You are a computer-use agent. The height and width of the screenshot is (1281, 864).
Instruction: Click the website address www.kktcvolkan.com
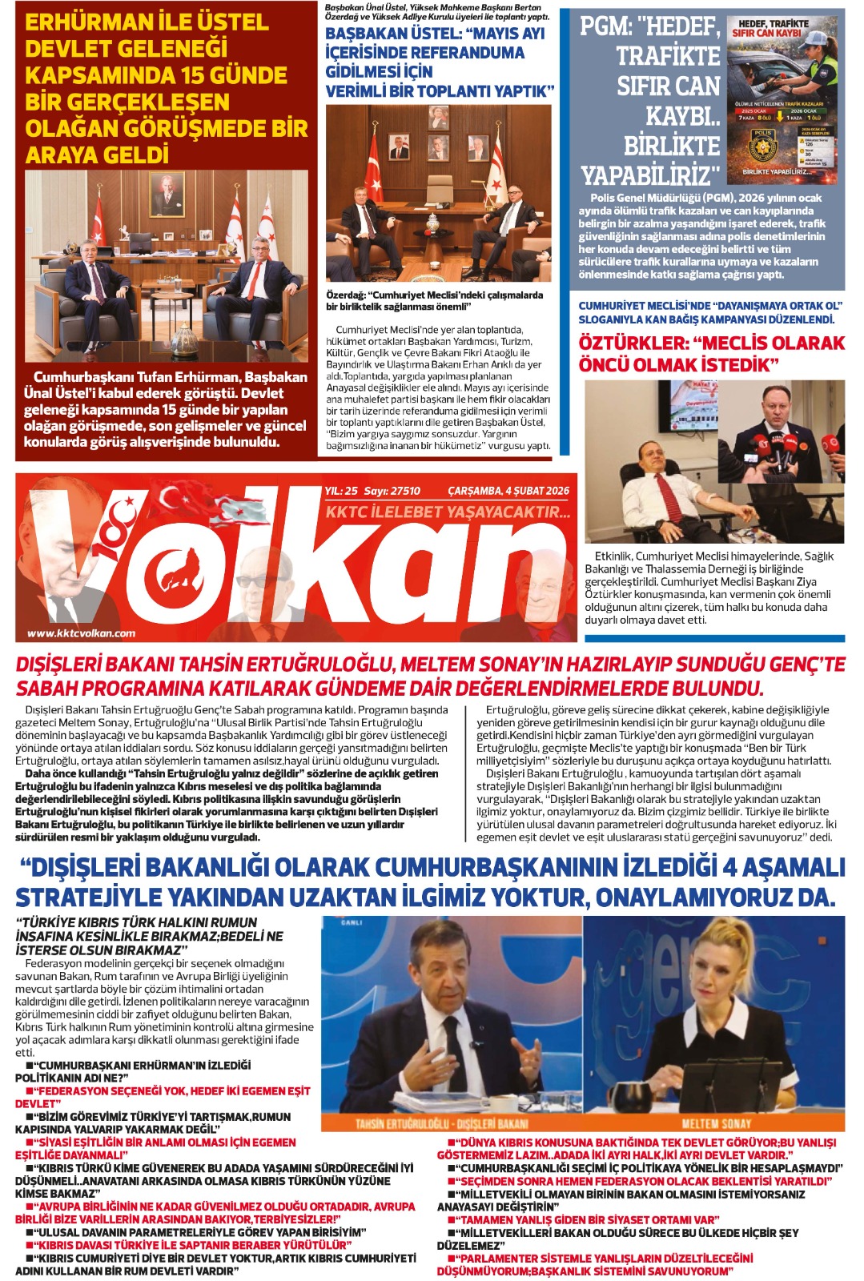(x=81, y=633)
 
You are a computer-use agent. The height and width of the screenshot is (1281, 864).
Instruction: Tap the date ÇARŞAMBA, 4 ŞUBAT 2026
(x=508, y=491)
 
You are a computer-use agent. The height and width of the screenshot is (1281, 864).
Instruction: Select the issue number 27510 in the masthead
(x=404, y=491)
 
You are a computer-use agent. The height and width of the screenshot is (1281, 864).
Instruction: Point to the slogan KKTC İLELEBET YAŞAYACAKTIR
(x=448, y=512)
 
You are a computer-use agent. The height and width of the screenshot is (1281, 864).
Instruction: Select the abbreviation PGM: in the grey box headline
(x=605, y=26)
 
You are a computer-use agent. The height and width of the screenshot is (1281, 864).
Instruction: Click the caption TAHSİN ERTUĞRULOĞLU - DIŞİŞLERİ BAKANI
(x=441, y=1123)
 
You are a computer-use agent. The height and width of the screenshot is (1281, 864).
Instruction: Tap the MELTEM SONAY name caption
(x=715, y=1123)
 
